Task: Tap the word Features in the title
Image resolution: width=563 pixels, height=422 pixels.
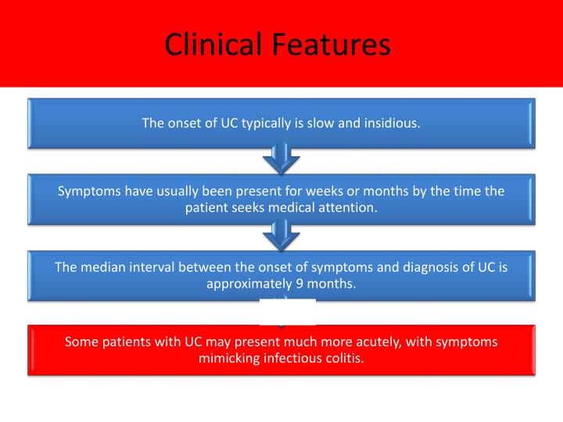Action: coord(332,45)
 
